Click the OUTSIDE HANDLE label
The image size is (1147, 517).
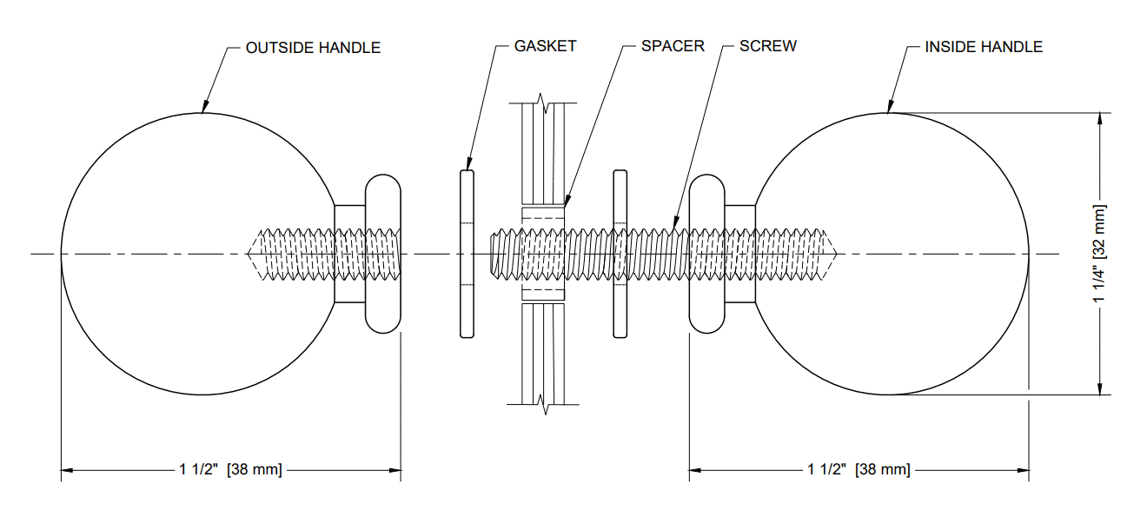(313, 48)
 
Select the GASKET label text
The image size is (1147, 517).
(545, 46)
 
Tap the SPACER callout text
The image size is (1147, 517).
(673, 46)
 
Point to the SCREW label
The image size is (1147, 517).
(767, 46)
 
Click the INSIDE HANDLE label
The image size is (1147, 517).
(984, 47)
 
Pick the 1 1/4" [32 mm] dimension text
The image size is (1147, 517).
(1101, 254)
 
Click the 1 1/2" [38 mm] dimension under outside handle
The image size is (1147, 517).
(230, 470)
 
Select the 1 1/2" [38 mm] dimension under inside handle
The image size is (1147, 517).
(859, 470)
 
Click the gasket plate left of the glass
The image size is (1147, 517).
(467, 254)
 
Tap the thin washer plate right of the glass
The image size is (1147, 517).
(620, 254)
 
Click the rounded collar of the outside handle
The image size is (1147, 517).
(382, 254)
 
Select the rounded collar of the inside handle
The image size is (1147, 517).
(706, 254)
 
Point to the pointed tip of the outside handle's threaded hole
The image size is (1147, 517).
(249, 254)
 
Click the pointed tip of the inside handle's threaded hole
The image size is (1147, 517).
(835, 254)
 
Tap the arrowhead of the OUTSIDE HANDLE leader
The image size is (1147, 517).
(202, 110)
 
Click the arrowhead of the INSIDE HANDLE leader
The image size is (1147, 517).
(888, 110)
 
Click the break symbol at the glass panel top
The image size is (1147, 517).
(544, 106)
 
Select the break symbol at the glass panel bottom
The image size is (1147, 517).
(544, 402)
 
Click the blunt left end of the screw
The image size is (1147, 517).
(492, 254)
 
